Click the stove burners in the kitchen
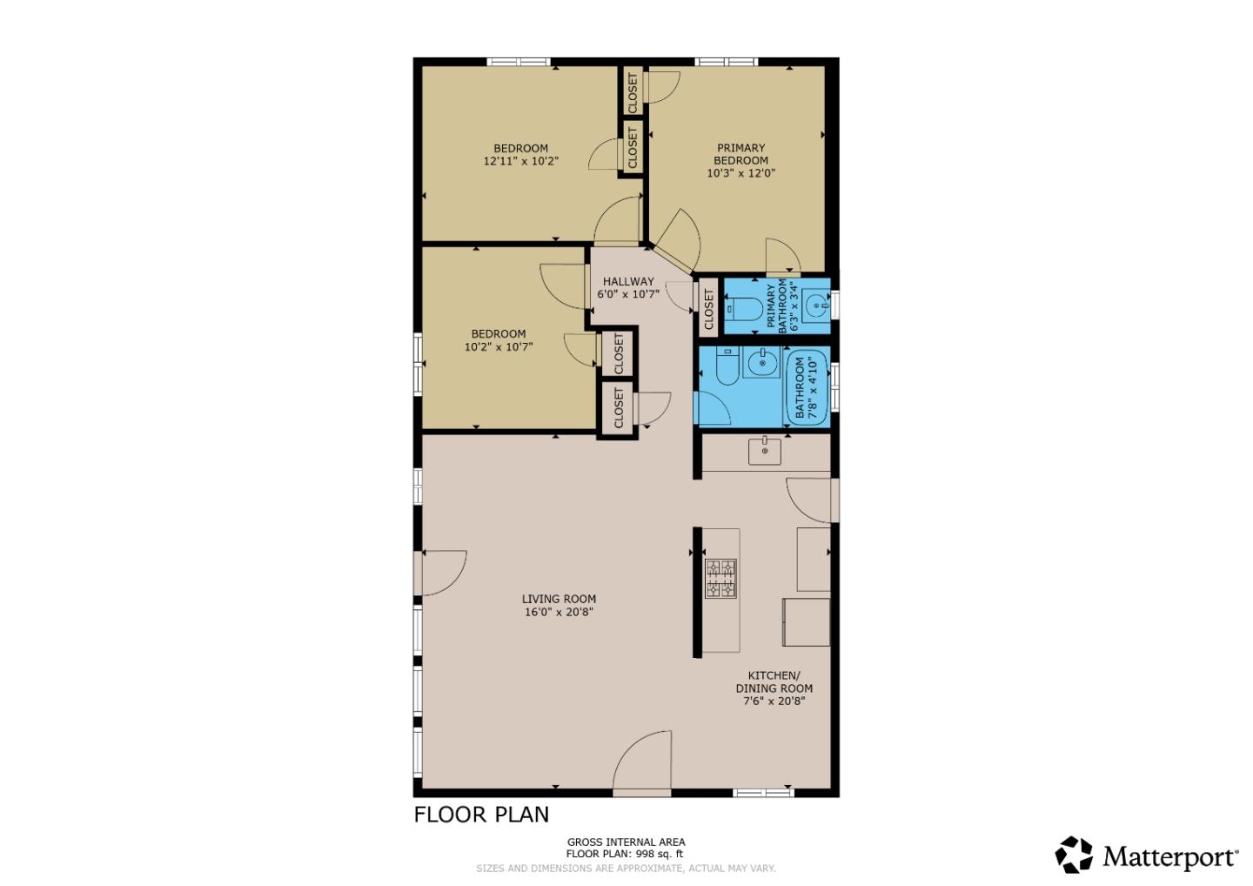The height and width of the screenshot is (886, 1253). [x=720, y=579]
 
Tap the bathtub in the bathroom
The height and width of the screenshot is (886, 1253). [x=807, y=386]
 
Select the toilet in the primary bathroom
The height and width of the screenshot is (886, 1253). [x=743, y=307]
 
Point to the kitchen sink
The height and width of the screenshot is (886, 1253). [x=765, y=451]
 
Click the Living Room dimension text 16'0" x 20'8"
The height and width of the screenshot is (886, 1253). [x=559, y=612]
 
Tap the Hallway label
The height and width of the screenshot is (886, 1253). [x=627, y=281]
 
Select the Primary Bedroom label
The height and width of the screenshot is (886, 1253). [x=740, y=154]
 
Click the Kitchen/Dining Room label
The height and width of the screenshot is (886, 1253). [x=774, y=681]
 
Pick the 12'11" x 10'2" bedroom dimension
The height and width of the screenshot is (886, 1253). [x=520, y=161]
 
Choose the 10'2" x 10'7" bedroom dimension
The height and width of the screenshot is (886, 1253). [x=498, y=346]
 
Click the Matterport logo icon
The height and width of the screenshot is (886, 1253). [x=1074, y=855]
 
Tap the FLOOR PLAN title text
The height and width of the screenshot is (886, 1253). [x=481, y=815]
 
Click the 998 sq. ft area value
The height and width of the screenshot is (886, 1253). [x=659, y=854]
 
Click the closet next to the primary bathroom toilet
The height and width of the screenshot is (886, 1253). [x=708, y=307]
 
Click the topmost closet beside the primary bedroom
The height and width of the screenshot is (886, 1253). [x=633, y=91]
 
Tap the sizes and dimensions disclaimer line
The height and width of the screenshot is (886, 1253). [x=625, y=868]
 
